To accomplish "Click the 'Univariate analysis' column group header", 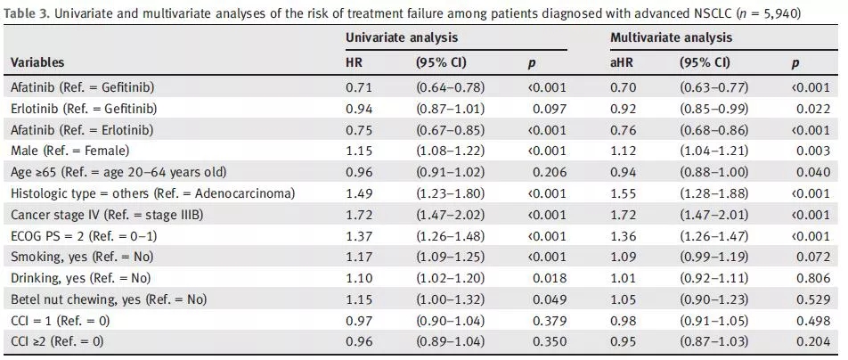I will (x=402, y=37).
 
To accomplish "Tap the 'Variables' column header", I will (x=37, y=62).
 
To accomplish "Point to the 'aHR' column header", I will (x=620, y=62).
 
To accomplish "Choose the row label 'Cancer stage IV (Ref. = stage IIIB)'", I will (x=110, y=215).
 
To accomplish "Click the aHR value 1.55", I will (x=621, y=193).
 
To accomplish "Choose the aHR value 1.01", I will (x=621, y=278).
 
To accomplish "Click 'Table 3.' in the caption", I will (x=24, y=13).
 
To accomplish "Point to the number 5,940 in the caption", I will (x=809, y=13).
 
